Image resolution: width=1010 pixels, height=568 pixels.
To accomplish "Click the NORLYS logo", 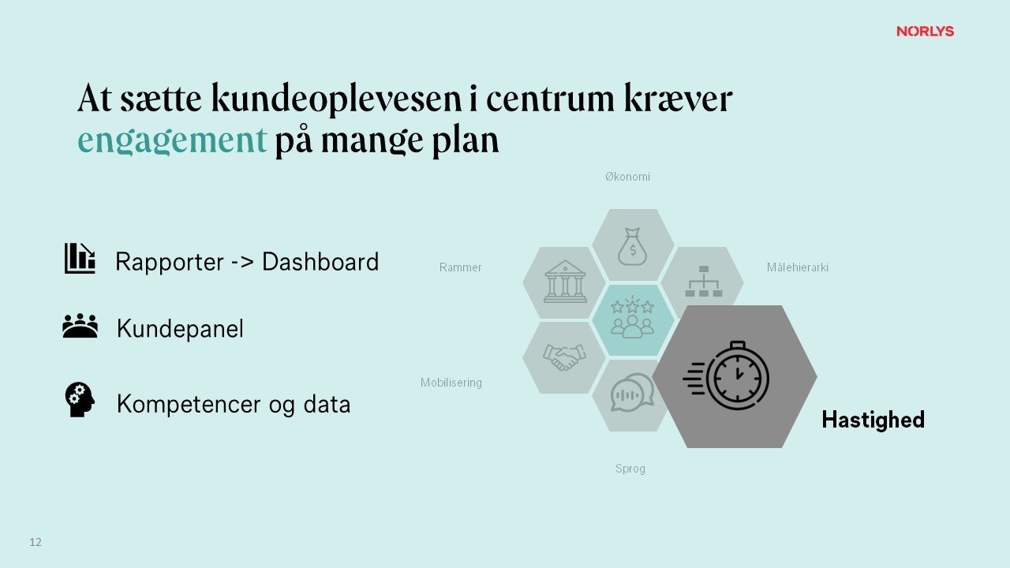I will [925, 32].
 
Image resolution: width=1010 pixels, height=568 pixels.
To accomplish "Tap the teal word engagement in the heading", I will [172, 140].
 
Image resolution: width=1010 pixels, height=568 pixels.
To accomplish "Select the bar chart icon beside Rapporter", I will [79, 259].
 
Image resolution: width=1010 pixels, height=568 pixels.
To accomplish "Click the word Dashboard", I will [320, 261].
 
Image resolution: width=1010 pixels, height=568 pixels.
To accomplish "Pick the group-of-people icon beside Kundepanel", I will [80, 326].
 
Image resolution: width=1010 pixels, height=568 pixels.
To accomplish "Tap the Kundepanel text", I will [180, 329].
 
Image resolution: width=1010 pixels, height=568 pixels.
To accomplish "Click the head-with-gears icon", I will [79, 400].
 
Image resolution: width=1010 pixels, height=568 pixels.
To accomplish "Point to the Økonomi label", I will [627, 177].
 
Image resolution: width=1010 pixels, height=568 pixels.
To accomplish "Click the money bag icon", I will [632, 246].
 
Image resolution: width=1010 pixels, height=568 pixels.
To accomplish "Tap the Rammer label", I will [460, 267].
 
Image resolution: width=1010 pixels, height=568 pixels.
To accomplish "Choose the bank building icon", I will [565, 282].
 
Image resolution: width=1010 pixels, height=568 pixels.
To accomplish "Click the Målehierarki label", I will [797, 267].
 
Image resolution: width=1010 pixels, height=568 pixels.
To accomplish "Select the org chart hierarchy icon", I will [703, 282].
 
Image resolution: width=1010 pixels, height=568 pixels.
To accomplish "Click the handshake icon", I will [564, 357].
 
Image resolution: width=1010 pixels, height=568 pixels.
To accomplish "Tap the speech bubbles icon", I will [632, 393].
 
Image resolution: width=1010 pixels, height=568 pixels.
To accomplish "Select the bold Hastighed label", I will [873, 420].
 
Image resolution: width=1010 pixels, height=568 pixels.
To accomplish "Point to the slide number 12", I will [36, 542].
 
